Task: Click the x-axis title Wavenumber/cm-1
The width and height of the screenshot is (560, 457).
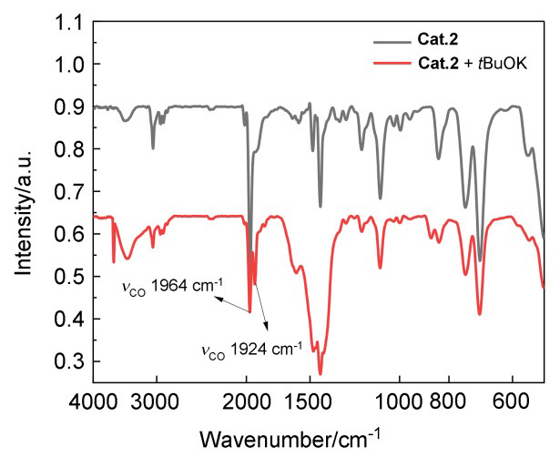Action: click(x=318, y=435)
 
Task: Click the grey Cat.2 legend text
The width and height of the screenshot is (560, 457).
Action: click(x=440, y=40)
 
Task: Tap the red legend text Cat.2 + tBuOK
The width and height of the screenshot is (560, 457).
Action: click(x=466, y=63)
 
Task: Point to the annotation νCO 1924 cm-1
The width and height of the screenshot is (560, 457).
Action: click(x=250, y=347)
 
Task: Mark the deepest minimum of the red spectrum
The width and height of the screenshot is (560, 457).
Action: click(x=321, y=373)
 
